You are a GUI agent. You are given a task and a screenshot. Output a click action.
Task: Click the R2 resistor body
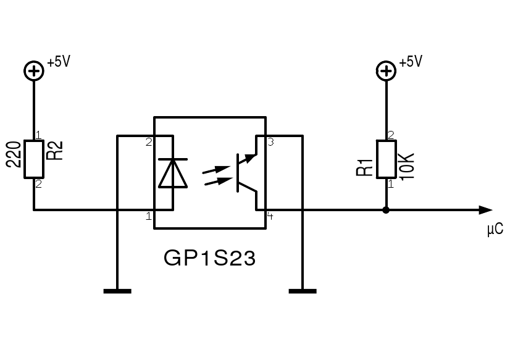point(34,159)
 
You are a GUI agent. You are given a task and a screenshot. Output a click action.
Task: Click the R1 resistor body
point(387,159)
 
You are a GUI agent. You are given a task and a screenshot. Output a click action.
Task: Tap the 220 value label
point(14,154)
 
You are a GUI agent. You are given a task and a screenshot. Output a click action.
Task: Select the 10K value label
point(406,166)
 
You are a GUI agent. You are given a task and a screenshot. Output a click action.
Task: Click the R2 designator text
point(55,151)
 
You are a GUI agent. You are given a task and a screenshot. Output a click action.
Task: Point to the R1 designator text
point(365,167)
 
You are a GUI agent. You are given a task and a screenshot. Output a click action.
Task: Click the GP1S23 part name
point(210,258)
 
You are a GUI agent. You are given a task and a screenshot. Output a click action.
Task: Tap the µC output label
point(495,228)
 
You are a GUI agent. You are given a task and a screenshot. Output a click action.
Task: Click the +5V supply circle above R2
point(34,71)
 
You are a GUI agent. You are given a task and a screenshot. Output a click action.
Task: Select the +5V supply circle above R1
point(386,71)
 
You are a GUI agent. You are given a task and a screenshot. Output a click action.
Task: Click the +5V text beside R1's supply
point(411,62)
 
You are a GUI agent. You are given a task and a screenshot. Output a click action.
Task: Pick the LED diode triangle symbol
point(173,174)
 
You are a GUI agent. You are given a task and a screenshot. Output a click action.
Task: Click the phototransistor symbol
point(247,173)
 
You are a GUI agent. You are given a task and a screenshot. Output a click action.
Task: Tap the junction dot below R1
point(386,210)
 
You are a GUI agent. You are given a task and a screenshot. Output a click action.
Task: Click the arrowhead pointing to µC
point(487,210)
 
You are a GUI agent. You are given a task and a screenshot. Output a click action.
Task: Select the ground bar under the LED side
point(117,291)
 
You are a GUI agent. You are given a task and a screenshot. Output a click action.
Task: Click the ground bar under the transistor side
point(303,291)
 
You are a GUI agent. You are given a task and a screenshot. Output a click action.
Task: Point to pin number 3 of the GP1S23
point(270,142)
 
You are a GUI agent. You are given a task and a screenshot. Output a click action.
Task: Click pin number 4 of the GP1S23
point(270,216)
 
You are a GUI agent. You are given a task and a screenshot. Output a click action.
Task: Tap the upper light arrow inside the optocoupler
point(216,169)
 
